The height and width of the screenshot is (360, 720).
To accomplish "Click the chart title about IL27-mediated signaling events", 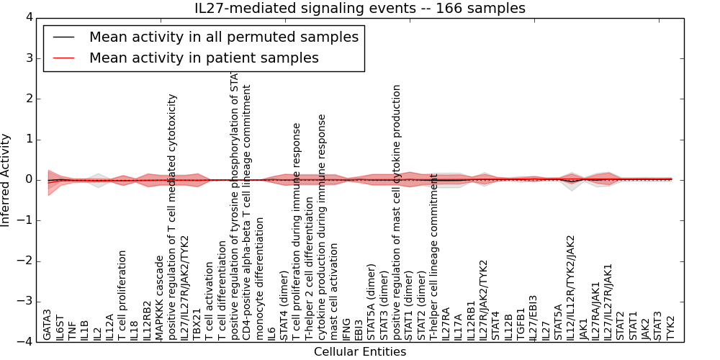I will tap(360, 9).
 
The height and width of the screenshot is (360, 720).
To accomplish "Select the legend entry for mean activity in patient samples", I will tap(204, 58).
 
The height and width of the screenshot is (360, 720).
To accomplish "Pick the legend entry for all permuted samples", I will tap(223, 37).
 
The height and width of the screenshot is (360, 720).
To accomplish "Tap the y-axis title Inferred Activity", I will tap(6, 180).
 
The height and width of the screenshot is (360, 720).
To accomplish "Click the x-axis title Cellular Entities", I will tap(360, 352).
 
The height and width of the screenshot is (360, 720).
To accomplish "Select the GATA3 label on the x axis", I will tap(48, 325).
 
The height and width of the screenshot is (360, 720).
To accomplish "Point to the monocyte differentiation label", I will tap(260, 281).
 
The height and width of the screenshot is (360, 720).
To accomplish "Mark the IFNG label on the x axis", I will tap(347, 328).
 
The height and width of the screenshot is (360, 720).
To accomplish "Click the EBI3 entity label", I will tap(359, 328).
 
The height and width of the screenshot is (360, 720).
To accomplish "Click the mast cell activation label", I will tap(334, 292).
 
